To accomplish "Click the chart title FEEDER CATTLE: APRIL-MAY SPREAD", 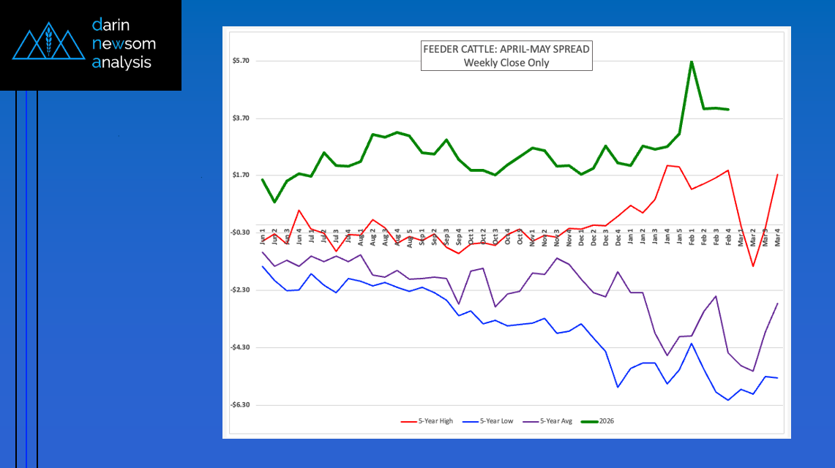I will tap(506, 50).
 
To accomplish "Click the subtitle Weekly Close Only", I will tap(506, 63).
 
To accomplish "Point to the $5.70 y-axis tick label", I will tap(241, 61).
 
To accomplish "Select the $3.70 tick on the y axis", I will tap(241, 118).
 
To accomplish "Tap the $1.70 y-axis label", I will tap(241, 175).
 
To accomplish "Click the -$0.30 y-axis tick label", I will tap(240, 233).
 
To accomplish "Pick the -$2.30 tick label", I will tap(240, 290).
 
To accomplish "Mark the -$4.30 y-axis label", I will tap(240, 347).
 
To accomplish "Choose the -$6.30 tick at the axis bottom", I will tap(240, 405).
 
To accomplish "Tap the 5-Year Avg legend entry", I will tap(557, 421).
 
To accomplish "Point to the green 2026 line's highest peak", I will tap(692, 61).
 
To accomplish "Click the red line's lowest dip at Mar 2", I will tap(752, 265).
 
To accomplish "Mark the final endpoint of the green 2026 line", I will tap(728, 110).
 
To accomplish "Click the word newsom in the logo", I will tap(124, 44).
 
